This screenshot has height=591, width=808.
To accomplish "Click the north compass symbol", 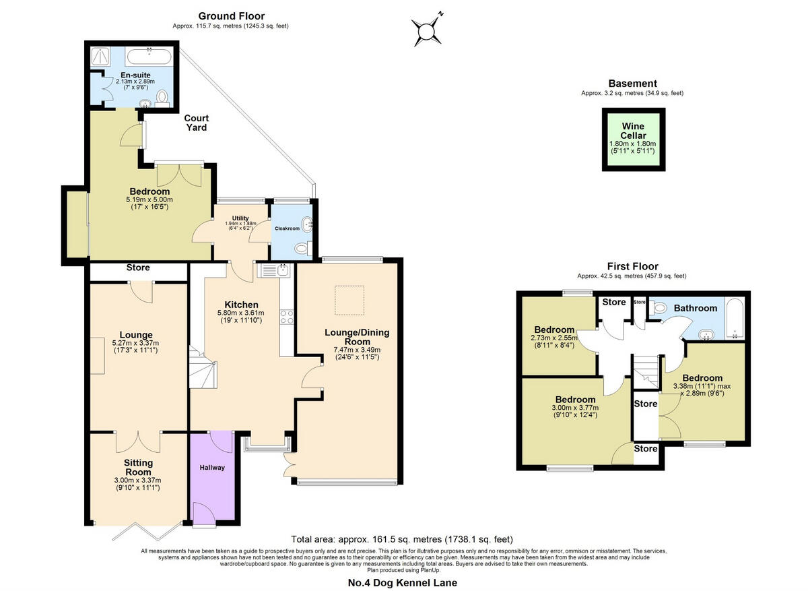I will pos(427,29).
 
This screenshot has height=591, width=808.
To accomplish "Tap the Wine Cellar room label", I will pos(633,131).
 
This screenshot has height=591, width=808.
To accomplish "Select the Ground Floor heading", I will pos(231,16).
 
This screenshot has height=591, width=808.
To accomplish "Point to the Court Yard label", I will pos(196,122).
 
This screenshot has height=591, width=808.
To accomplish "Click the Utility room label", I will pos(240,218).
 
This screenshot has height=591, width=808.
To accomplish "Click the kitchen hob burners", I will pos(285,316).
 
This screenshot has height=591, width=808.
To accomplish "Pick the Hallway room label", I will pos(211,467).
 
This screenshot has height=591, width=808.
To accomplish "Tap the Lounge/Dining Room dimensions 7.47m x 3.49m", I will pos(357,349).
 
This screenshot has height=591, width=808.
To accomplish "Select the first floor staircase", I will pos(645,371).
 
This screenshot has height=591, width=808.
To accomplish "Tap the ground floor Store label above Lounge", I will pos(138,268).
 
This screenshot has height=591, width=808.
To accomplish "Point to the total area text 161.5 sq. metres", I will pos(402,539).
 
